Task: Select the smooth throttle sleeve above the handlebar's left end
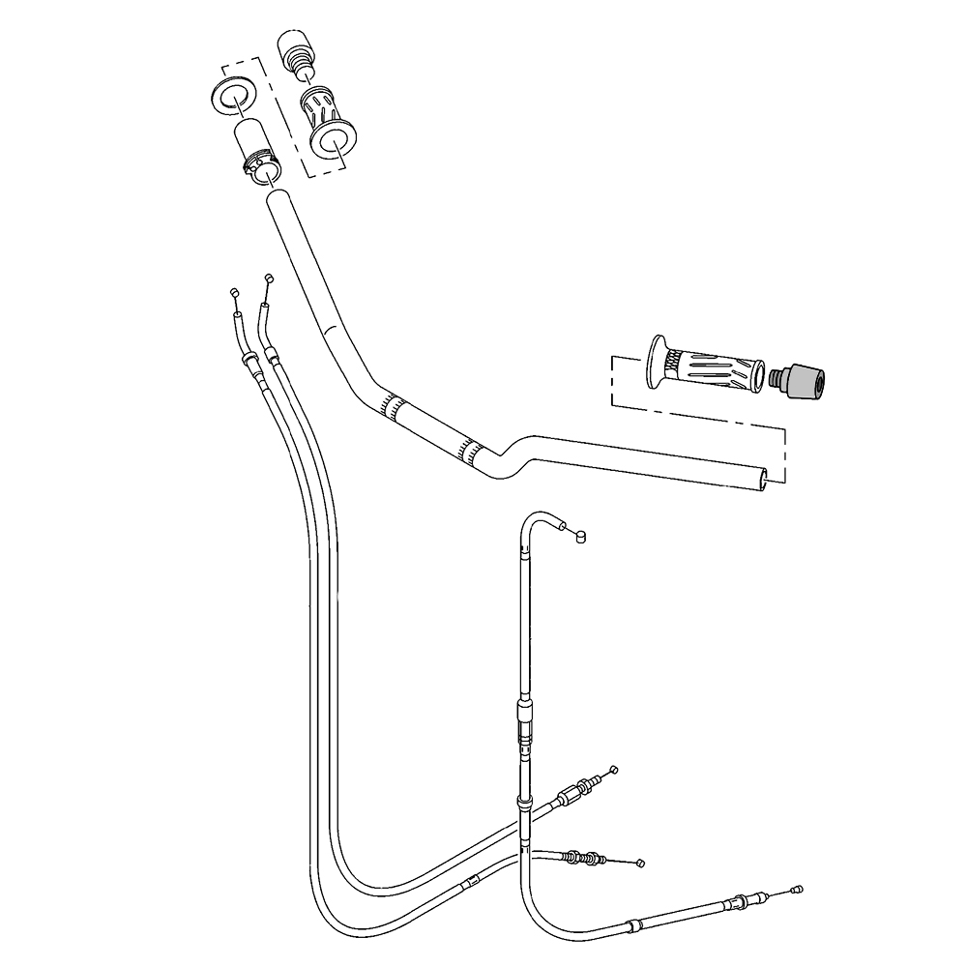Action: coord(255,143)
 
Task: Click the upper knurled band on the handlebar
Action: coord(392,405)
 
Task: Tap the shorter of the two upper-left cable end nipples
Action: coord(233,292)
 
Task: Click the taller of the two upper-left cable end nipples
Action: coord(268,279)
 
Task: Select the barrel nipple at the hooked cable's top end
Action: coord(580,537)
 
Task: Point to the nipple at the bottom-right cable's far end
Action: coord(797,889)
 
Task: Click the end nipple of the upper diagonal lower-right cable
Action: coord(613,770)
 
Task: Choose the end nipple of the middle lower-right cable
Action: coord(639,861)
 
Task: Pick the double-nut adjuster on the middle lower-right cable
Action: coord(582,856)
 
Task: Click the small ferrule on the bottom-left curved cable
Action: coord(471,882)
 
